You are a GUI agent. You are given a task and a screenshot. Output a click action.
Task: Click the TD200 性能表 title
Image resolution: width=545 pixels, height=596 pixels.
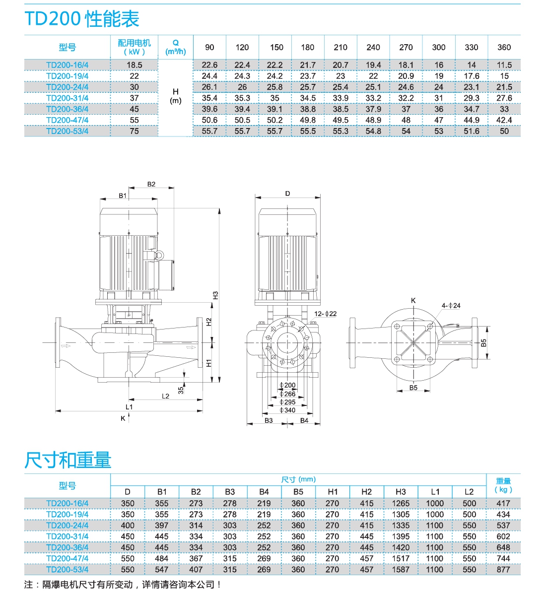pos(82,19)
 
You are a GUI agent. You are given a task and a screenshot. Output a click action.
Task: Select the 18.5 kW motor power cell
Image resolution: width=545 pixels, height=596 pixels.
pos(134,65)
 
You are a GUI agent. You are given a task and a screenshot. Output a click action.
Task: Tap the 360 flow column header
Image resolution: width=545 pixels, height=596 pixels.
pos(504,48)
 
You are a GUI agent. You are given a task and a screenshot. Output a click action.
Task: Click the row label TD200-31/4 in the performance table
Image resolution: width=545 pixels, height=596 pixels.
pos(67,98)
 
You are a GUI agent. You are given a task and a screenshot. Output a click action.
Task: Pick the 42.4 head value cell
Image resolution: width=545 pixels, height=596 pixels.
pos(504,120)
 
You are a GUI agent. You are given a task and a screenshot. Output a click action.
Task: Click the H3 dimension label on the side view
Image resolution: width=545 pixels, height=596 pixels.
pos(215,295)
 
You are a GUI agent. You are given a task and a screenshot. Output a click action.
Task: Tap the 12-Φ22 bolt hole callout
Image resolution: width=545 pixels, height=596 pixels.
pos(326,314)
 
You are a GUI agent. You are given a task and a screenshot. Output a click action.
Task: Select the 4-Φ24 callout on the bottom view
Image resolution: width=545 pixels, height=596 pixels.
pos(451,306)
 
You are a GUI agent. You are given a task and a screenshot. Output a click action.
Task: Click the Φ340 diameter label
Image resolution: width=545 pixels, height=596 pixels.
pos(287,410)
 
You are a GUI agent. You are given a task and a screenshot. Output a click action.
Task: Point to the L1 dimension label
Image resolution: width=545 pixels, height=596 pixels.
pos(129,407)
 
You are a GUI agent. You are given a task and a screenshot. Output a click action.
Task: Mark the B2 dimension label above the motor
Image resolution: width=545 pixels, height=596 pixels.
pos(151,184)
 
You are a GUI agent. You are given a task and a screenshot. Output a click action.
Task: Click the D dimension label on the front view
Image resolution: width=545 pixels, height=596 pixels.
pos(287,194)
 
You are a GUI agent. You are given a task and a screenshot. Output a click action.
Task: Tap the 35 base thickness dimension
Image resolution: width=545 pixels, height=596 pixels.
pos(181,390)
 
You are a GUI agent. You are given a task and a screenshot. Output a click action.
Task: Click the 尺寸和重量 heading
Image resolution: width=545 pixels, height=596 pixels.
pos(68,460)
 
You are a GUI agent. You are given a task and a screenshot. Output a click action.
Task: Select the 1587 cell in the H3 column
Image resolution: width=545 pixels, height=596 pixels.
pos(401,570)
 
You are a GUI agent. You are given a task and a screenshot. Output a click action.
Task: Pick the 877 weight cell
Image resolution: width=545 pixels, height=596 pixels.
pos(503,570)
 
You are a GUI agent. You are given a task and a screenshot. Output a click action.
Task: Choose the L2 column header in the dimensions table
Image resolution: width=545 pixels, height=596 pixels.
pos(469,492)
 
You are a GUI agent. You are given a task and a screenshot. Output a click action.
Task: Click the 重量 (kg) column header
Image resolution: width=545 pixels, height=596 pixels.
pos(503,485)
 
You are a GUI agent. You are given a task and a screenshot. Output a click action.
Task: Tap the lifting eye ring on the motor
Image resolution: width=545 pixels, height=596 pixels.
pos(160,255)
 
